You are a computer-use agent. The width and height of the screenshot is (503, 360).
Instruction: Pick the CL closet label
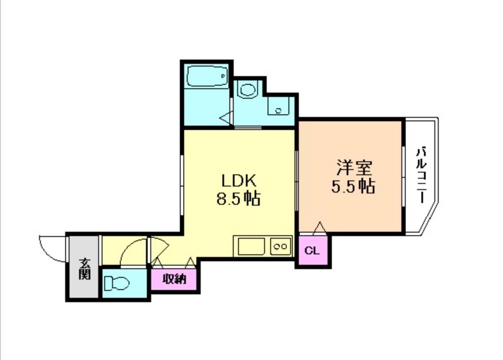point(312,251)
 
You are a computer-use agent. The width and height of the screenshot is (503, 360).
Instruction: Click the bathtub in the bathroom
point(207,77)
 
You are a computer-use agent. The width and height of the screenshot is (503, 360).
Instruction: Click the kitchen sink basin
point(251,247)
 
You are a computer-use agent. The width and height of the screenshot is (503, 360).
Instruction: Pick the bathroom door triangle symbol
point(226,117)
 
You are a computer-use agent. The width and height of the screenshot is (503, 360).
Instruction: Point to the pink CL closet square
point(314,251)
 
